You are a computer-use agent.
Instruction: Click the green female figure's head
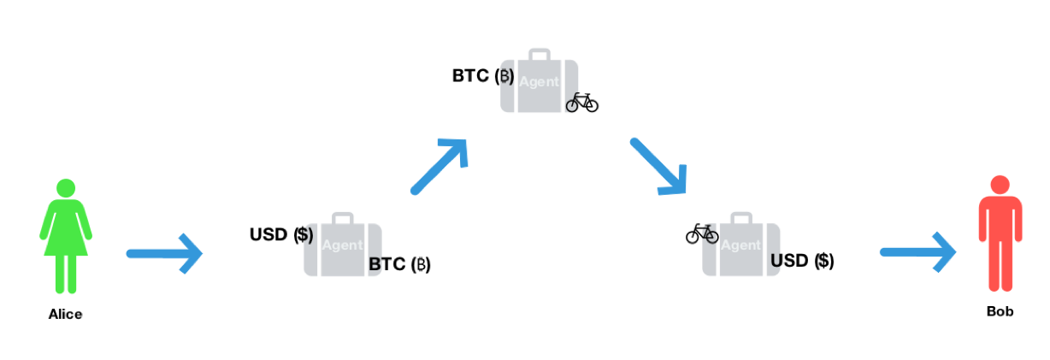66,187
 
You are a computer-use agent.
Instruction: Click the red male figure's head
1000,184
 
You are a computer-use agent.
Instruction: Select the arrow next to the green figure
164,253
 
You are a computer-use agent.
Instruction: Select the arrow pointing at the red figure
917,251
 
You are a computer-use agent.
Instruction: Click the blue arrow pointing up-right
440,165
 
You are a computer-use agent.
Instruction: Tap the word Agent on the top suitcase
539,82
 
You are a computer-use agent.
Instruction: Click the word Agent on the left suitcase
342,245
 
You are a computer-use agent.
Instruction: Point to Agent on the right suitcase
740,245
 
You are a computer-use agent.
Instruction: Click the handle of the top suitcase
539,53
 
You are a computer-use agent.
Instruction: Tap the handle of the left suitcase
342,217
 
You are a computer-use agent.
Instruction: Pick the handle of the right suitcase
740,216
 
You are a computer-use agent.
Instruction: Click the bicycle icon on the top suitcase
573,103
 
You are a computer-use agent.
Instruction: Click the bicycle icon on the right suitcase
709,233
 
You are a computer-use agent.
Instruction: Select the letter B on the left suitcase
374,265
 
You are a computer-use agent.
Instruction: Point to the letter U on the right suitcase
775,260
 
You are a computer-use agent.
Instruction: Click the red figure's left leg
1007,265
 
